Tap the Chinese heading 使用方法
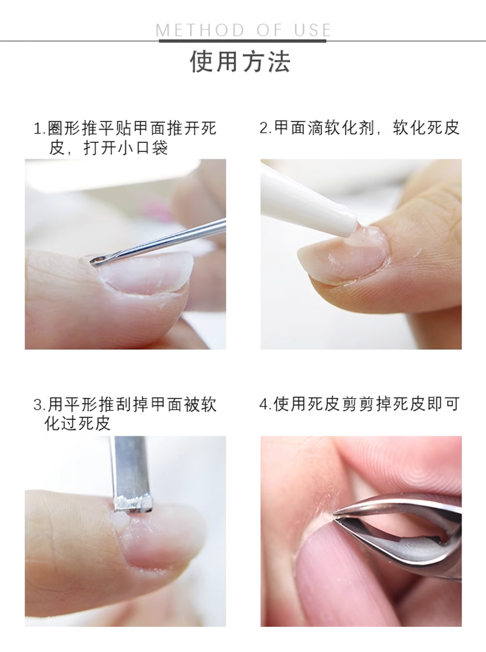point(240,62)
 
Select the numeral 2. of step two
point(266,127)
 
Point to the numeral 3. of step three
point(40,405)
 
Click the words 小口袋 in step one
point(143,148)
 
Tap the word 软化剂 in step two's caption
point(342,127)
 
